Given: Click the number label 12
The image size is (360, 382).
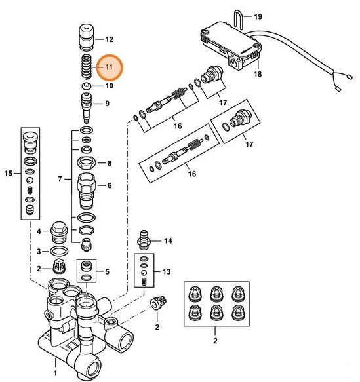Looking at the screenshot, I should tap(109, 39).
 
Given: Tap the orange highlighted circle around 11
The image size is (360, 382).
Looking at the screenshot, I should tap(109, 67).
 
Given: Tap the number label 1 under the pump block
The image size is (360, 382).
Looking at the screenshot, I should tap(55, 373).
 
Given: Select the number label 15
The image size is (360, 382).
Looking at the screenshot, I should tap(9, 173).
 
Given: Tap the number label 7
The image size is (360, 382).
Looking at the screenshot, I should tap(60, 178).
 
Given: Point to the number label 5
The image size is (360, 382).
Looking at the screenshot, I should tap(108, 271).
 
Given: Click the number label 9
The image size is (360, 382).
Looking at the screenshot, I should tap(107, 103).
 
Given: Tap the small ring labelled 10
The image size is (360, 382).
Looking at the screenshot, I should tap(86, 86).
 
